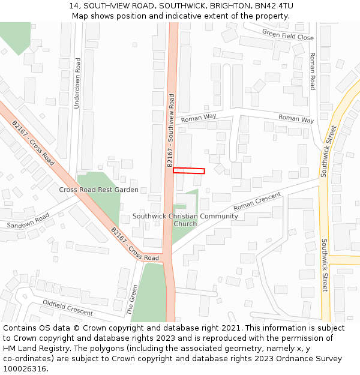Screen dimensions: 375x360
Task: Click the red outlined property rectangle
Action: (x=189, y=171)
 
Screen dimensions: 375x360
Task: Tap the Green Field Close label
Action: (x=288, y=37)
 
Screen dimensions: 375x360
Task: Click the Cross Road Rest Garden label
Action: (x=98, y=190)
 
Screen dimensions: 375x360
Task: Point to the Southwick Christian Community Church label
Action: (x=185, y=220)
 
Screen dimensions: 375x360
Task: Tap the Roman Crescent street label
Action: (x=257, y=201)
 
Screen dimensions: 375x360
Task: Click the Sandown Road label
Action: (x=28, y=221)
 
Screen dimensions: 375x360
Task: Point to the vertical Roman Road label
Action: (x=312, y=71)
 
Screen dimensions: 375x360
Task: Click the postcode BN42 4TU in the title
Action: (x=274, y=6)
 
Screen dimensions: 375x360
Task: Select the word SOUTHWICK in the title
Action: (x=182, y=6)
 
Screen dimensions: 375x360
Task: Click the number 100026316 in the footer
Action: (x=25, y=369)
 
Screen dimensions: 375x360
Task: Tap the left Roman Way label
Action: (x=199, y=118)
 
